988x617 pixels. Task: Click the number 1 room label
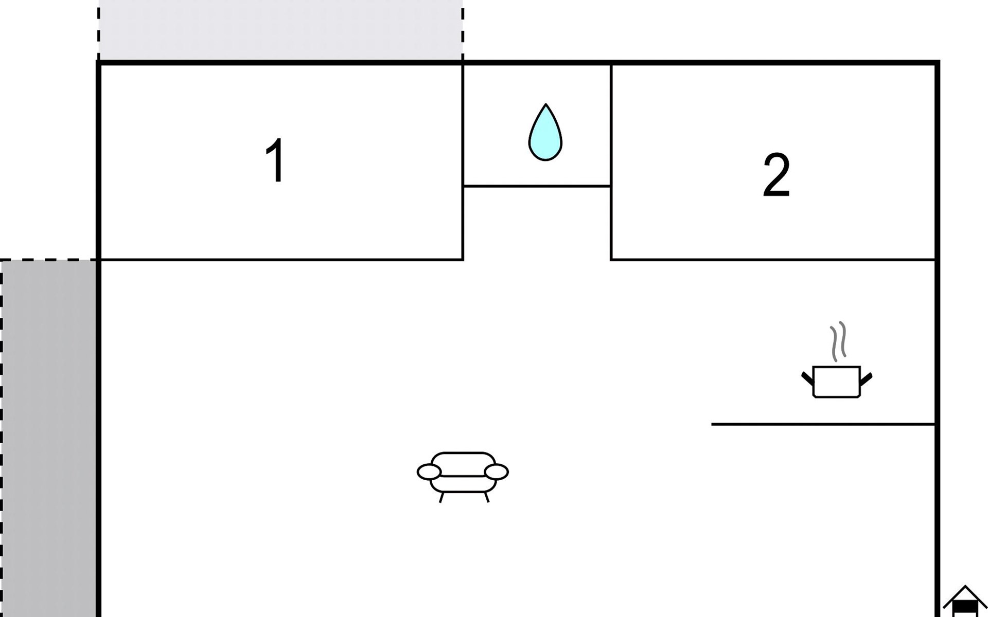tap(275, 160)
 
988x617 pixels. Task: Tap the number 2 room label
tap(776, 175)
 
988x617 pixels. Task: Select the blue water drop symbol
tap(545, 132)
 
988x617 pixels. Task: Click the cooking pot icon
tap(837, 381)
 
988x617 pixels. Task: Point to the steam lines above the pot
tap(838, 341)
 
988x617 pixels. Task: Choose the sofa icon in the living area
tap(463, 477)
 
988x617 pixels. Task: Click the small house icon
tap(965, 601)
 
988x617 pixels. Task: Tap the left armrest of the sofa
tap(429, 471)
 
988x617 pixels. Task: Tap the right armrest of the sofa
tap(497, 471)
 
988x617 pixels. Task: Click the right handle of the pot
tap(866, 379)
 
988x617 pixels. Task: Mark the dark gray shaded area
tap(48, 439)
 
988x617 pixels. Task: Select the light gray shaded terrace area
tap(280, 30)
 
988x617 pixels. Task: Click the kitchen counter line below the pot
tap(823, 424)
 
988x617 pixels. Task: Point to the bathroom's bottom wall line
tap(537, 186)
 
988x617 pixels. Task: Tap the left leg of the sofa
tap(442, 497)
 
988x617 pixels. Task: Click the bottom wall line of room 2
tap(773, 260)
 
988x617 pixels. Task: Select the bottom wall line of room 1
tap(281, 260)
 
